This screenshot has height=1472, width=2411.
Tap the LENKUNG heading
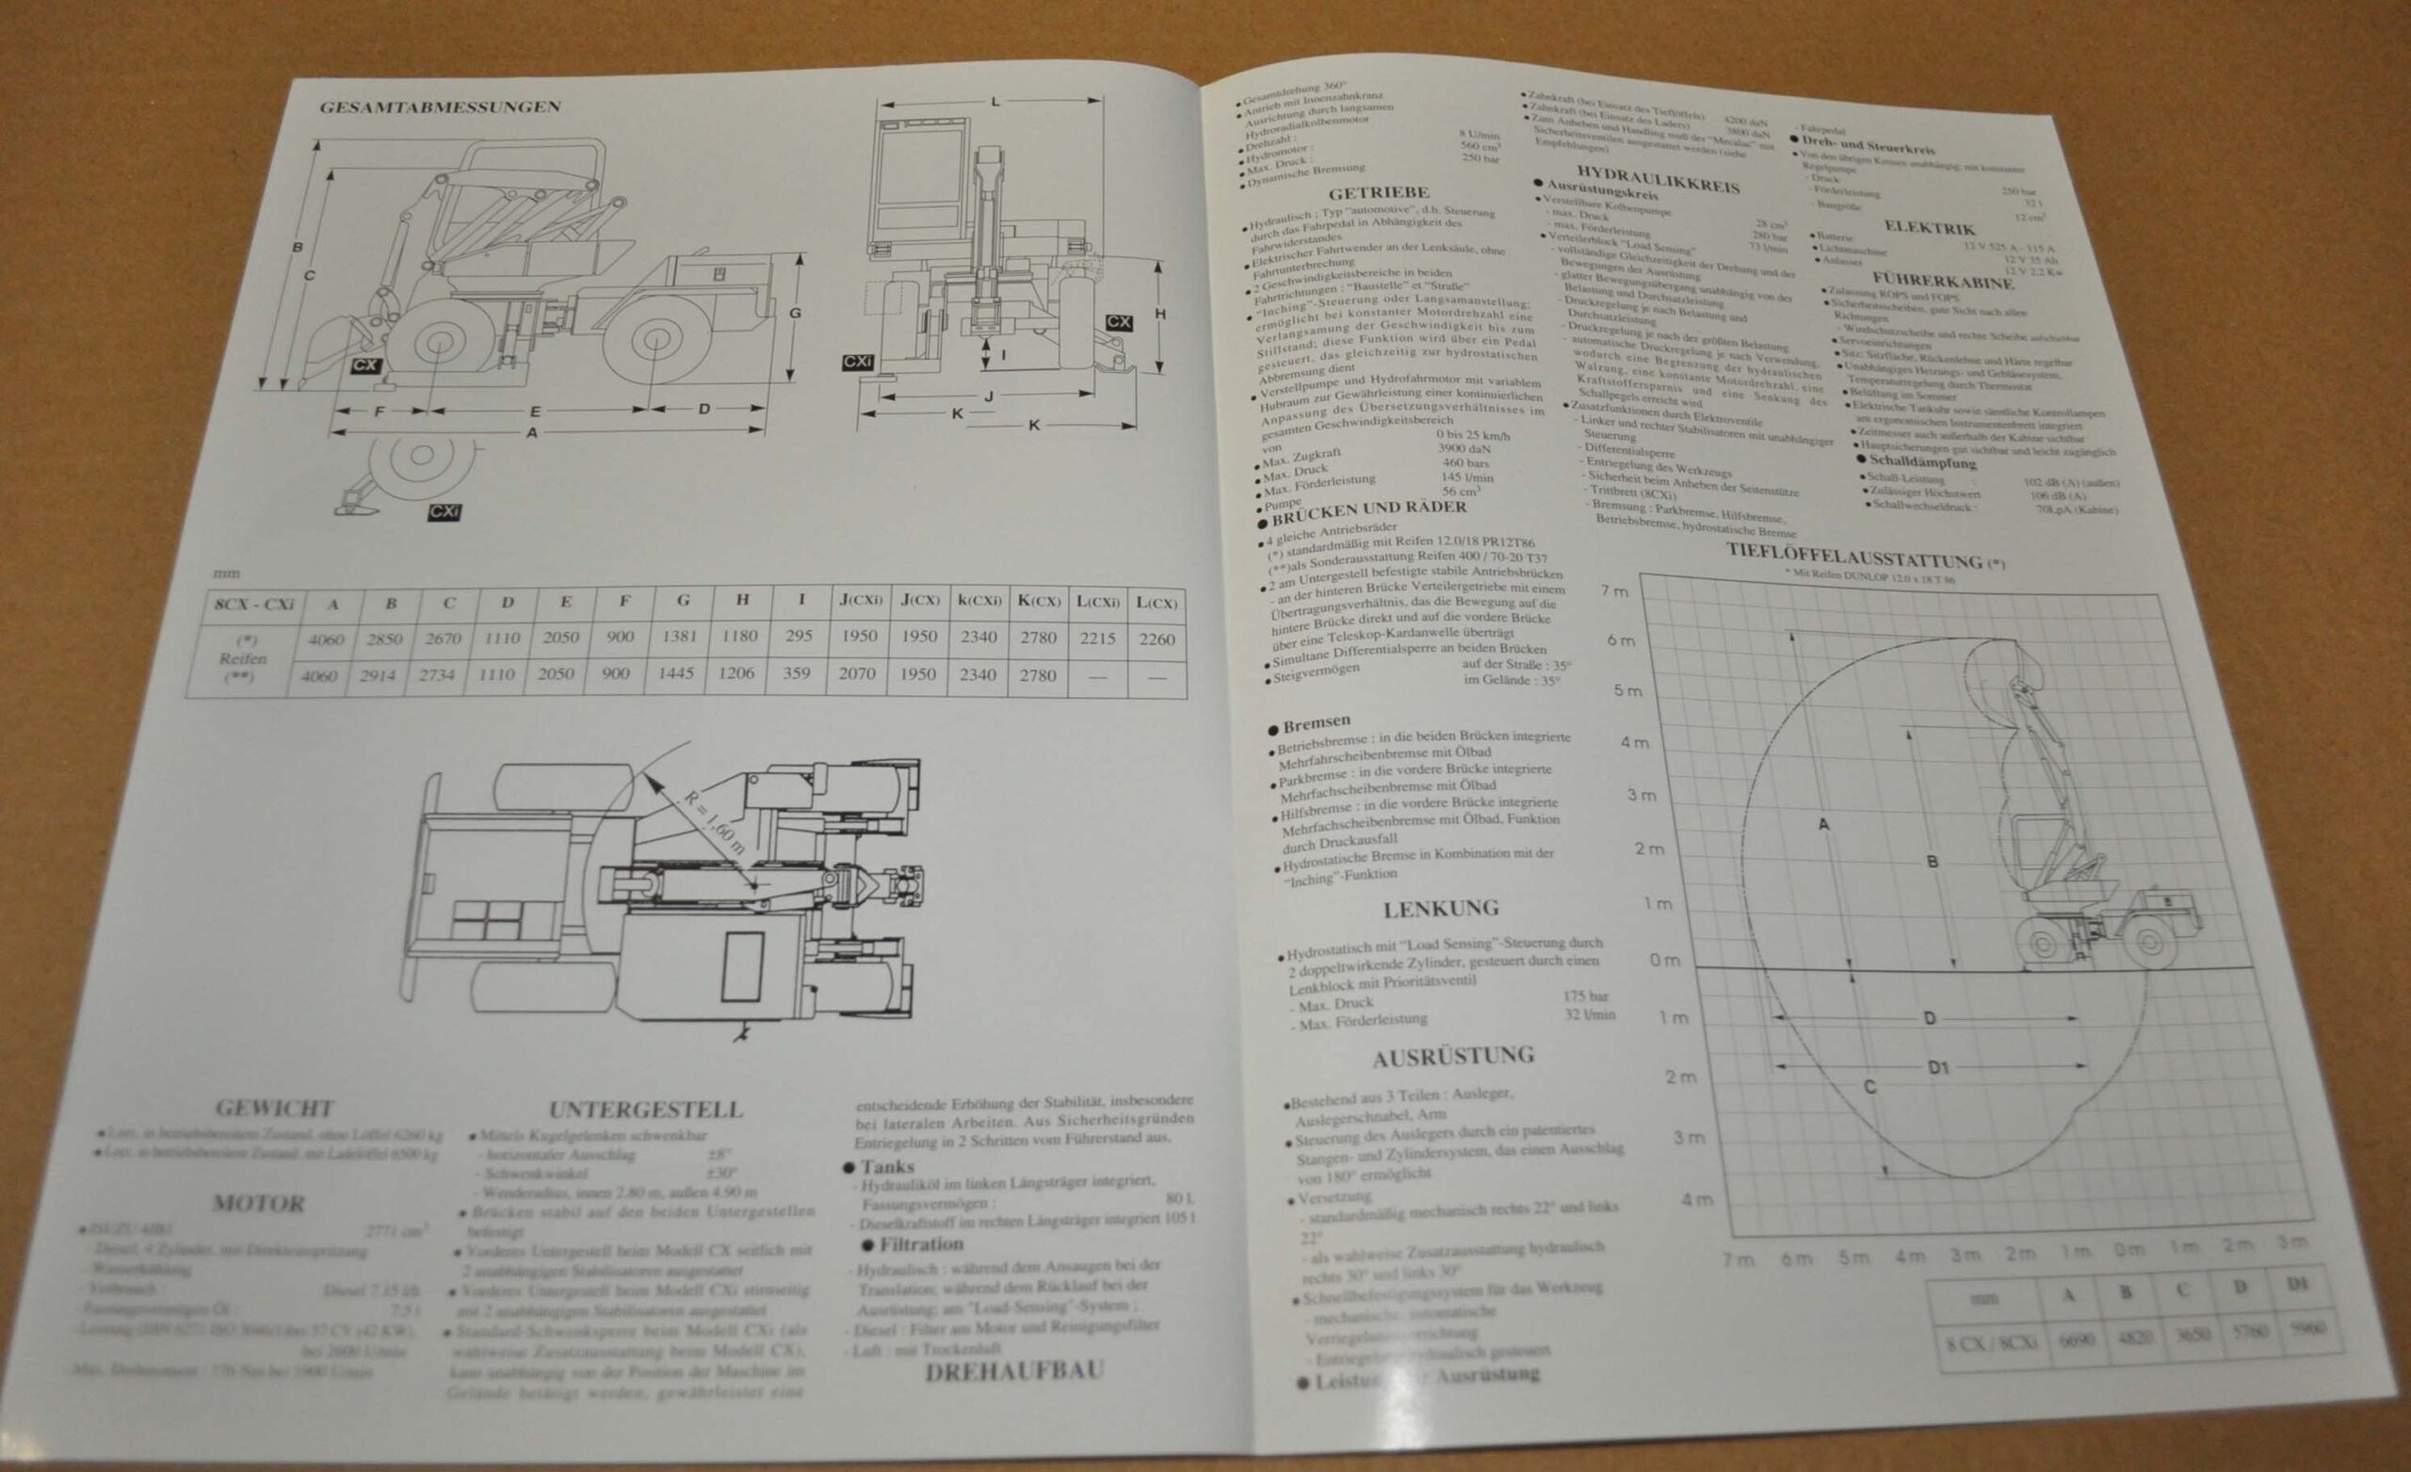coord(1440,909)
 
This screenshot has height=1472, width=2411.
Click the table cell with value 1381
coord(679,636)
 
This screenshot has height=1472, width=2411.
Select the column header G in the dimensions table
coord(683,601)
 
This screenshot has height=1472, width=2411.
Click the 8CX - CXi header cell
coord(253,604)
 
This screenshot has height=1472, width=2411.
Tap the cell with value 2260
coord(1156,639)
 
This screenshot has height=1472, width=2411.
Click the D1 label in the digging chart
coord(1938,1068)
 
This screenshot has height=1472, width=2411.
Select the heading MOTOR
coord(258,1204)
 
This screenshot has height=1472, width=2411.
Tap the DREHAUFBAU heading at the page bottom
coord(1013,1371)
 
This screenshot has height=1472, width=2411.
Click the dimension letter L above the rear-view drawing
coord(995,102)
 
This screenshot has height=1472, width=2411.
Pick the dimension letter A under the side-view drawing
coord(532,432)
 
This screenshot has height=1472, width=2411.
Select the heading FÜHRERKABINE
coord(1942,281)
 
